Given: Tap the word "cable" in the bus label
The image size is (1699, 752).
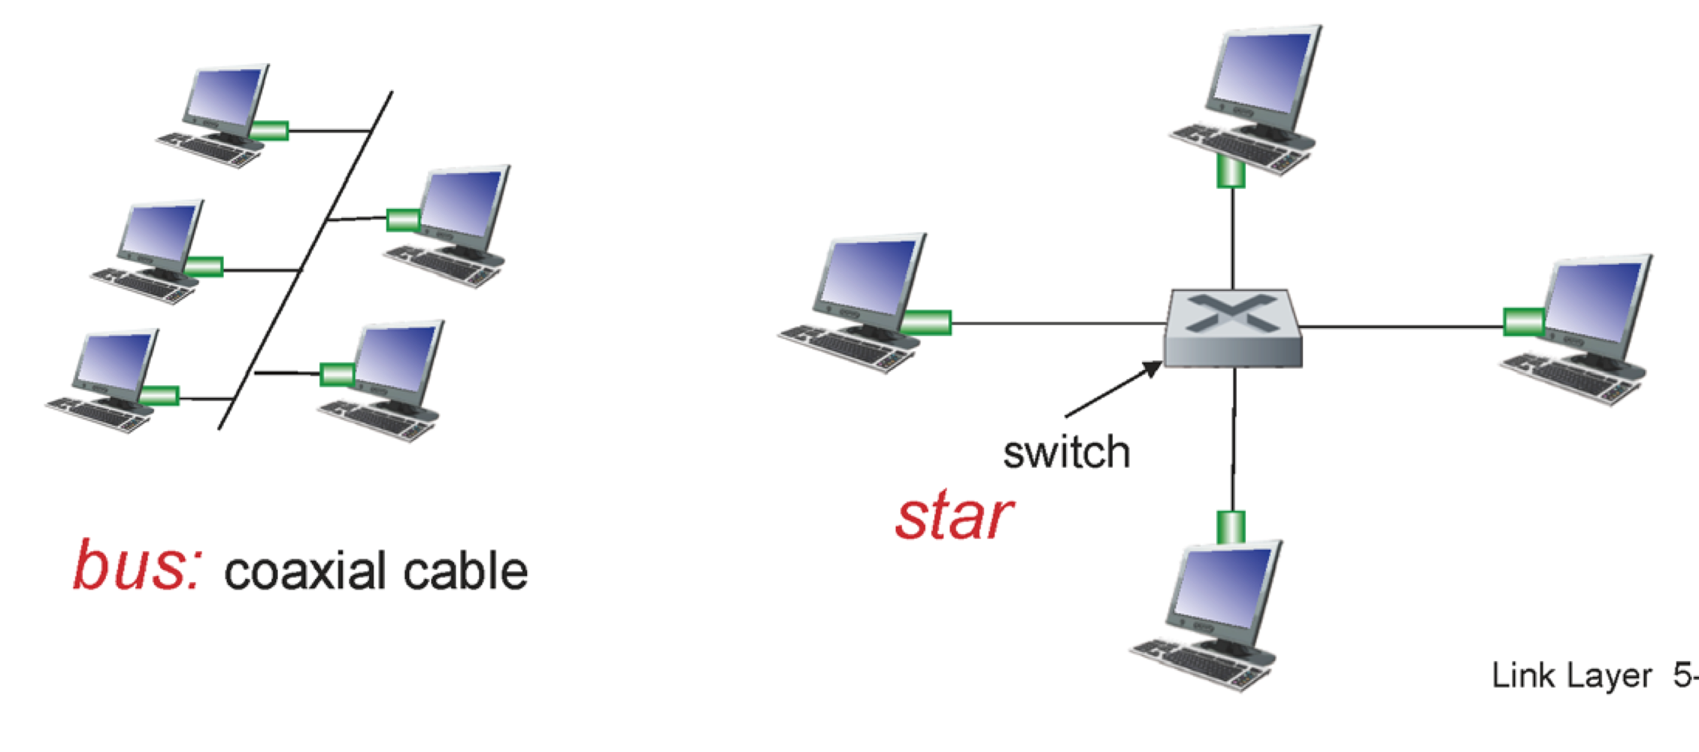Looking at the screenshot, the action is point(465,571).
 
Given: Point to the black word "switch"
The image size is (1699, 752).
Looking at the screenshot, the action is point(1066,453).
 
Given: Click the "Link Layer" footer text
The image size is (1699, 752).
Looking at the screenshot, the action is point(1571,676).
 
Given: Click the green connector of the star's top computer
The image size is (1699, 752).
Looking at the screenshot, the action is point(1231,171).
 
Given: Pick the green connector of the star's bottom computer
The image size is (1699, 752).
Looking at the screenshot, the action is point(1231,526).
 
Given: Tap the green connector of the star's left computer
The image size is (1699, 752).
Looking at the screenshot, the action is point(925,323).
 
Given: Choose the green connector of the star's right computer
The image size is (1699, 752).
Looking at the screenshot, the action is point(1523,322).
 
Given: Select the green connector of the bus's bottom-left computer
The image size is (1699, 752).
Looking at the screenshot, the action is point(159,396).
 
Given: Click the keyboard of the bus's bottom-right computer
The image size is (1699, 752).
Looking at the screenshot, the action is point(376,420).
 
